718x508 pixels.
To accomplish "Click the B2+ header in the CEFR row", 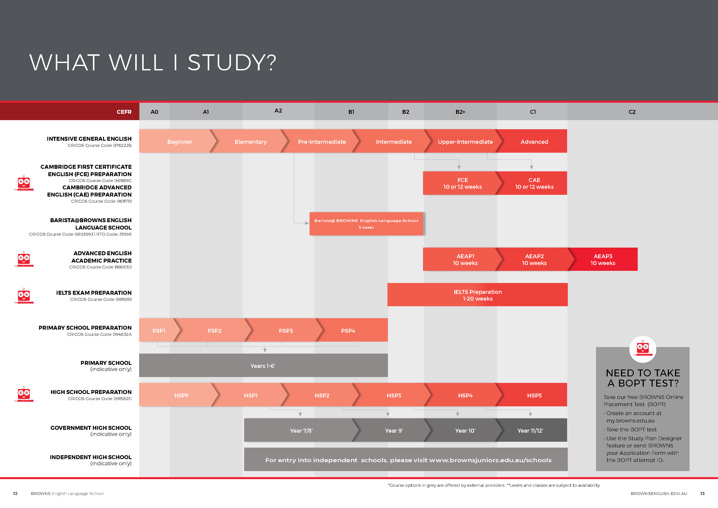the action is point(460,112).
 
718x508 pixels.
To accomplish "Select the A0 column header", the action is point(155,112).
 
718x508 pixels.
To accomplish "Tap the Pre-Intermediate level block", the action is point(322,141).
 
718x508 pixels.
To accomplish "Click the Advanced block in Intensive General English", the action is point(534,141).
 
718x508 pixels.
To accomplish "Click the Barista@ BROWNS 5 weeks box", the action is point(366,224).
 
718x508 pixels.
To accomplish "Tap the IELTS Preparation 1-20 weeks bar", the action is point(478,295).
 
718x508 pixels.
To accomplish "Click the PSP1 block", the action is point(159,331).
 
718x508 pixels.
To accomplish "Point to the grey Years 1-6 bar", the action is point(263,366).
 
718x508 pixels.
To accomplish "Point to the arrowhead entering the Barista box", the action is point(307,223).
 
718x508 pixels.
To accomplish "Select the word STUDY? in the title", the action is point(232,62).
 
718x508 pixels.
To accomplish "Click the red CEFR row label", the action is point(124,112).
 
